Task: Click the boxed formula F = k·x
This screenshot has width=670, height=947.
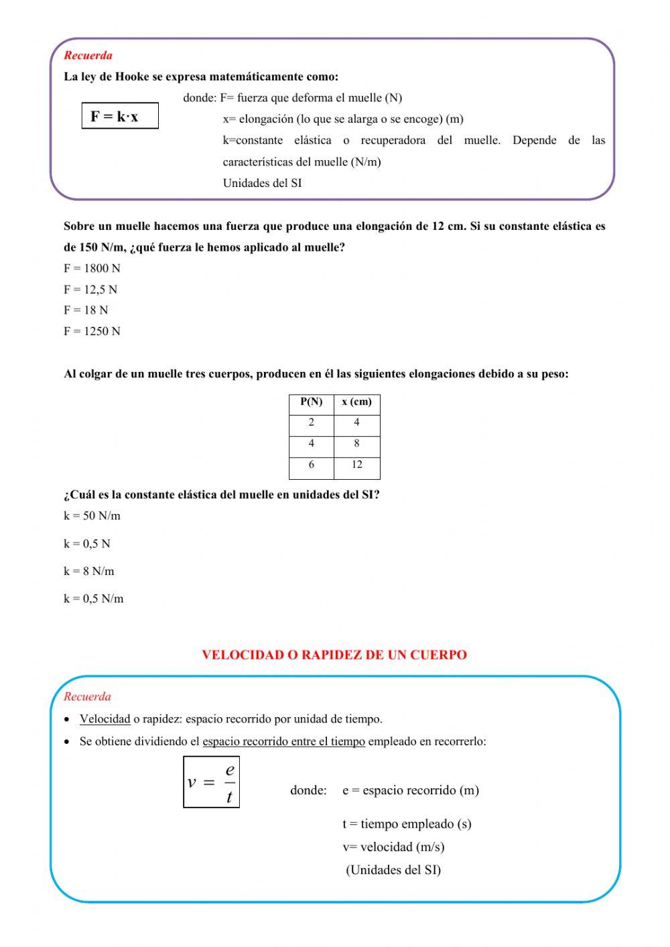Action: pyautogui.click(x=119, y=116)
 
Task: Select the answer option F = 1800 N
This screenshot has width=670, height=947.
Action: pyautogui.click(x=92, y=269)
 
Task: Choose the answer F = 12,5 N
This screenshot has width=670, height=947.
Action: pyautogui.click(x=90, y=290)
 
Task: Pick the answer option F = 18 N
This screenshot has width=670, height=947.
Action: pyautogui.click(x=86, y=310)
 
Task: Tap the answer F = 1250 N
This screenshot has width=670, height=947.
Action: pyautogui.click(x=92, y=331)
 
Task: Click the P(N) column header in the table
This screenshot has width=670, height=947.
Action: pyautogui.click(x=311, y=402)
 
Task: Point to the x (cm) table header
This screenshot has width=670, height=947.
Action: pyautogui.click(x=356, y=402)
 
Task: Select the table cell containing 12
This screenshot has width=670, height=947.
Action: pyautogui.click(x=356, y=464)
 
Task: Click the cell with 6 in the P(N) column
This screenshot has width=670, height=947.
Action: pyautogui.click(x=311, y=464)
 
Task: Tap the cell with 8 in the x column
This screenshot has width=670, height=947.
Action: pyautogui.click(x=356, y=443)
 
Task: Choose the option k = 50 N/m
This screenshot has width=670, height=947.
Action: pyautogui.click(x=92, y=516)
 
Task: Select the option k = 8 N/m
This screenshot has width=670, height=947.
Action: pyautogui.click(x=89, y=572)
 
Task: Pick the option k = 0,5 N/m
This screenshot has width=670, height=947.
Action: pyautogui.click(x=94, y=599)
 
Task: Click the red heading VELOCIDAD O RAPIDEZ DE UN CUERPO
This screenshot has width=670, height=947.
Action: pyautogui.click(x=334, y=655)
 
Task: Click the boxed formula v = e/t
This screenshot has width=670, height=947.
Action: pyautogui.click(x=211, y=782)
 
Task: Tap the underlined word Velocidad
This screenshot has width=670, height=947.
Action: pyautogui.click(x=105, y=719)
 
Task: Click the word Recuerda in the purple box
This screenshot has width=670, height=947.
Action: pyautogui.click(x=88, y=56)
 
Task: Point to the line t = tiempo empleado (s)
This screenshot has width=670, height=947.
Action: pyautogui.click(x=407, y=824)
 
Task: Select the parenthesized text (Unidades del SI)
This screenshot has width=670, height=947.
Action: pyautogui.click(x=393, y=870)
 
